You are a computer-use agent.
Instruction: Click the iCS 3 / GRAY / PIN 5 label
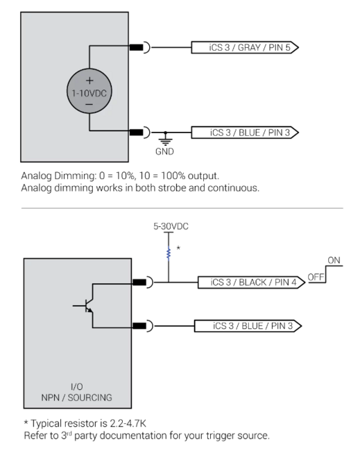coord(245,48)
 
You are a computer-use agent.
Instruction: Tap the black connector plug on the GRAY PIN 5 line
coord(139,48)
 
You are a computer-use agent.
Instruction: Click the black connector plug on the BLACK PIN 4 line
coord(139,282)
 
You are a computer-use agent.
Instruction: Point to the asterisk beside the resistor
coord(179,246)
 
